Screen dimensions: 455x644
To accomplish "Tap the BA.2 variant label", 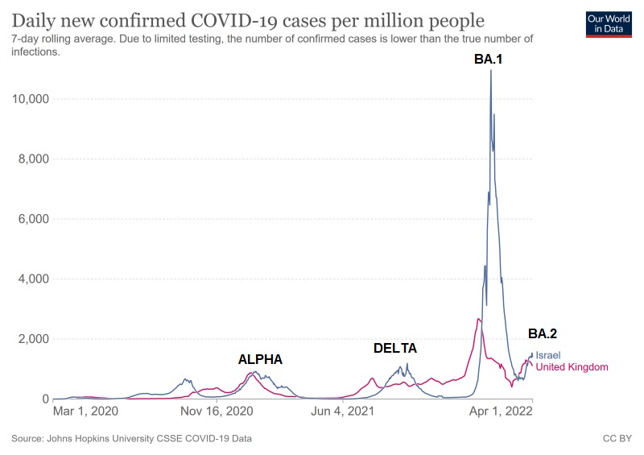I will [x=542, y=333].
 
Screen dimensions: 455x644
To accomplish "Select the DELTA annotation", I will [x=395, y=349].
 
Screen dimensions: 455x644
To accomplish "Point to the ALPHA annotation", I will [x=260, y=359].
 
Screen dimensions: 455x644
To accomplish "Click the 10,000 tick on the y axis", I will [x=29, y=99].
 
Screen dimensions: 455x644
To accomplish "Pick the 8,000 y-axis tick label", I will [x=32, y=159].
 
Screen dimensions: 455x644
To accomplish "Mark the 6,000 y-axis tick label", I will [x=32, y=219].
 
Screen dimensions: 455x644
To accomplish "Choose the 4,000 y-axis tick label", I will [x=32, y=279].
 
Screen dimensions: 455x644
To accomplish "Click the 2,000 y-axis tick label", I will [x=32, y=339].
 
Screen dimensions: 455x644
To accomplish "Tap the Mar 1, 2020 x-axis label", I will [x=85, y=412].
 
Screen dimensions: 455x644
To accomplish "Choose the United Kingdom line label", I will [x=572, y=367].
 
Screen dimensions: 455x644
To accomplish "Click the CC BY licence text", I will [x=617, y=439].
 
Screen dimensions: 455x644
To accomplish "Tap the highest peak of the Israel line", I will [x=490, y=71].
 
